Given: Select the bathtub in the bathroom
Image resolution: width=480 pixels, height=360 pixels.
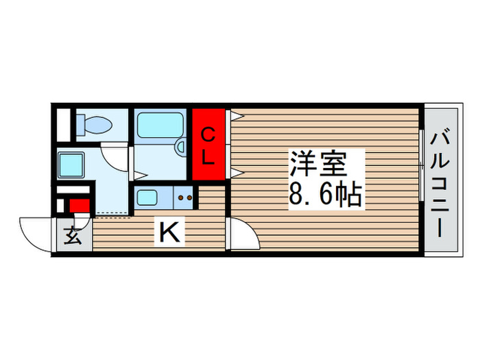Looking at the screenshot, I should (158, 126).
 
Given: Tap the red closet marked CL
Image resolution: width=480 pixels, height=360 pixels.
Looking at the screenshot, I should (209, 145).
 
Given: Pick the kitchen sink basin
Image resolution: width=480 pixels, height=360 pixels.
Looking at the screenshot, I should (148, 197).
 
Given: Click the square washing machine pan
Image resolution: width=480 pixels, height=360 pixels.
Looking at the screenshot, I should (71, 165).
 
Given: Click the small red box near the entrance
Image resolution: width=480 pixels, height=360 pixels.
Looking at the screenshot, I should (79, 205).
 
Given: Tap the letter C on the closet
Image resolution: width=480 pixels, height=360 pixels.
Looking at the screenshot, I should (209, 135).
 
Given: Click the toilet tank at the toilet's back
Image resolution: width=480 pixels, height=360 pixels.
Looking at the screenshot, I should (80, 124).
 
